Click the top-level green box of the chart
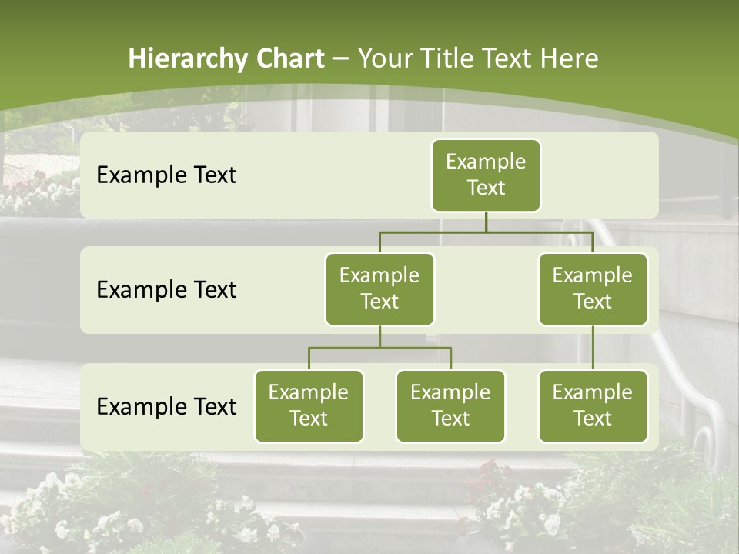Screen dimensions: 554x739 (486, 175)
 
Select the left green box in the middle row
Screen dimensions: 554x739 (380, 289)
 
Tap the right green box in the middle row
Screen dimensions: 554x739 (593, 289)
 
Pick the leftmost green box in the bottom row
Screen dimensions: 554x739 (309, 406)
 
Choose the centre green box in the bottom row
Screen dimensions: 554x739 (450, 406)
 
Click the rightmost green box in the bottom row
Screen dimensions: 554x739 (593, 406)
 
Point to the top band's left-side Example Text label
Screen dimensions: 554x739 (166, 175)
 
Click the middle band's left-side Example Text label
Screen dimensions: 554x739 (166, 290)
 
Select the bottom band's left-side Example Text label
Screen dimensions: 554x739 (166, 407)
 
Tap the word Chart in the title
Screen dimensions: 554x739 (288, 59)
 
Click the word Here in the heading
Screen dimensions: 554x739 (569, 59)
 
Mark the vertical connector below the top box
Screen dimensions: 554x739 (486, 222)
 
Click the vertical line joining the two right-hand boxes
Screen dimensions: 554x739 (593, 348)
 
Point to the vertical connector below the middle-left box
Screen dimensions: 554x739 (380, 336)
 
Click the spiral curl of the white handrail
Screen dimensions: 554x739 (704, 442)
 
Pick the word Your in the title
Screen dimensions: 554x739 (384, 59)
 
